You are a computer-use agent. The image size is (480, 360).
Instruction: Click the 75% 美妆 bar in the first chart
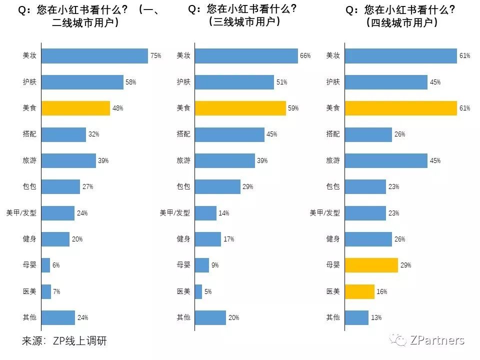coord(94,56)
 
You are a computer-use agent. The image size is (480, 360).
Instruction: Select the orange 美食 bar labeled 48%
coord(75,108)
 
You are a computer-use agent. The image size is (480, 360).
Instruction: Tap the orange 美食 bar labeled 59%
coord(240,108)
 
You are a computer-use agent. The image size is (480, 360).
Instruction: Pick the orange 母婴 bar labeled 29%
coord(371,265)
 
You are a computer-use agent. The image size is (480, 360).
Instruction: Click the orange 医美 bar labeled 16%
coord(359,291)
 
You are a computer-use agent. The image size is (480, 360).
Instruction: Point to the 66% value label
coord(305,56)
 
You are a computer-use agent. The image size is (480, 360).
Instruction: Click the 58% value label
coord(130,82)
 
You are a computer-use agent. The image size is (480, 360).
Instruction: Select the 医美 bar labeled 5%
coord(198,291)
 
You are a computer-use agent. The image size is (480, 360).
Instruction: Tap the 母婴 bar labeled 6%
coord(45,265)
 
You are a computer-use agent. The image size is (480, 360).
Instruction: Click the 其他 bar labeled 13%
coord(356,317)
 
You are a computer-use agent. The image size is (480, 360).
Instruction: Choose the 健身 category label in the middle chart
coord(183,239)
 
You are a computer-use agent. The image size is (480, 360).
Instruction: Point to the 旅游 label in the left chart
coord(29,160)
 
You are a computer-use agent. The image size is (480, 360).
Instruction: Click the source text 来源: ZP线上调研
coord(64,341)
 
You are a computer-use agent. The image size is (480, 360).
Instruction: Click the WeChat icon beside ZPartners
coord(400,340)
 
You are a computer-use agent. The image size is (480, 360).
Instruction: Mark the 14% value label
coord(223,213)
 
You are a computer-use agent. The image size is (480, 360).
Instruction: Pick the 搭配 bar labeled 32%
coord(63,134)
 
